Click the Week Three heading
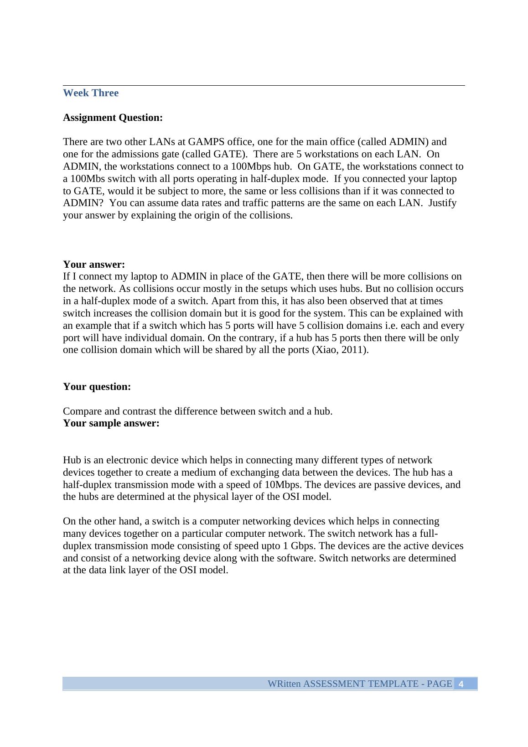coord(90,93)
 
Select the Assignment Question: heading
coord(113,118)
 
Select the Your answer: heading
coord(93,265)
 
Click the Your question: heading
coord(97,387)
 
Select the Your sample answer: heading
coord(111,423)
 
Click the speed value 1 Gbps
coord(303,546)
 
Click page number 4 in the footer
coord(461,684)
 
